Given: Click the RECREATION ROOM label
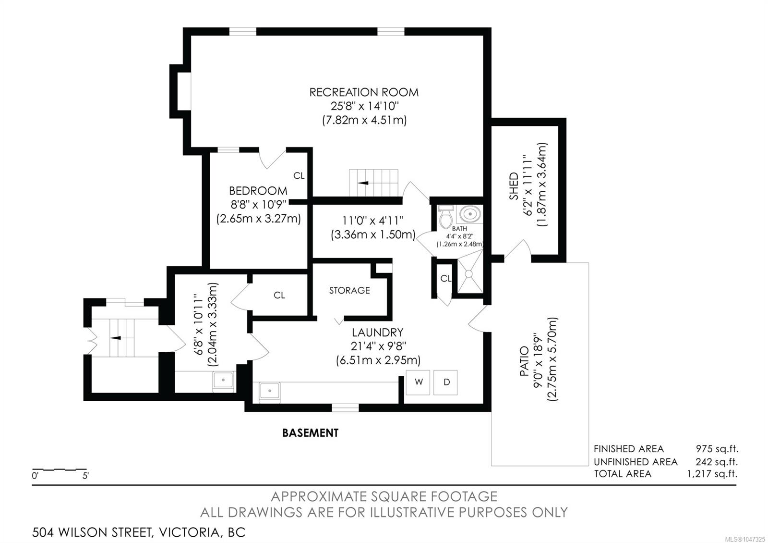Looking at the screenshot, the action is click(x=364, y=92).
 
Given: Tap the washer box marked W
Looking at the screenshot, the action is click(x=418, y=383).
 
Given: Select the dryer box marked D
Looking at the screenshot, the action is click(x=445, y=383).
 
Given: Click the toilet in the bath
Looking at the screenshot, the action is click(x=445, y=217).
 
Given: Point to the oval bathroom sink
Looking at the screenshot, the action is click(x=470, y=214).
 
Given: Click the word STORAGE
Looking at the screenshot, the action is click(x=349, y=291).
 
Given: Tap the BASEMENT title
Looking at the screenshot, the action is click(x=310, y=433).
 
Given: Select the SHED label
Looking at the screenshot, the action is click(x=514, y=186).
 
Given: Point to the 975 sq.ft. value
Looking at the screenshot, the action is click(x=717, y=449).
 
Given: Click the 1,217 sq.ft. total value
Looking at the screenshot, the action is click(x=712, y=474).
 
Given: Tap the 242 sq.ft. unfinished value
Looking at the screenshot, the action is click(x=717, y=462).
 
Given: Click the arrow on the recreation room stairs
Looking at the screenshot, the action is click(x=363, y=183).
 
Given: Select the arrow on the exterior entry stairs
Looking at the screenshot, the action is click(x=115, y=338).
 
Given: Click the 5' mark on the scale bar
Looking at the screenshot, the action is click(x=85, y=476).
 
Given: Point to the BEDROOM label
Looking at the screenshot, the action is click(x=258, y=191).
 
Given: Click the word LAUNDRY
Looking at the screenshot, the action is click(x=377, y=332).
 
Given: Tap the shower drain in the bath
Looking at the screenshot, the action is click(x=468, y=273).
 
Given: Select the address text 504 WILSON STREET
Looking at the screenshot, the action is click(x=92, y=532).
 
